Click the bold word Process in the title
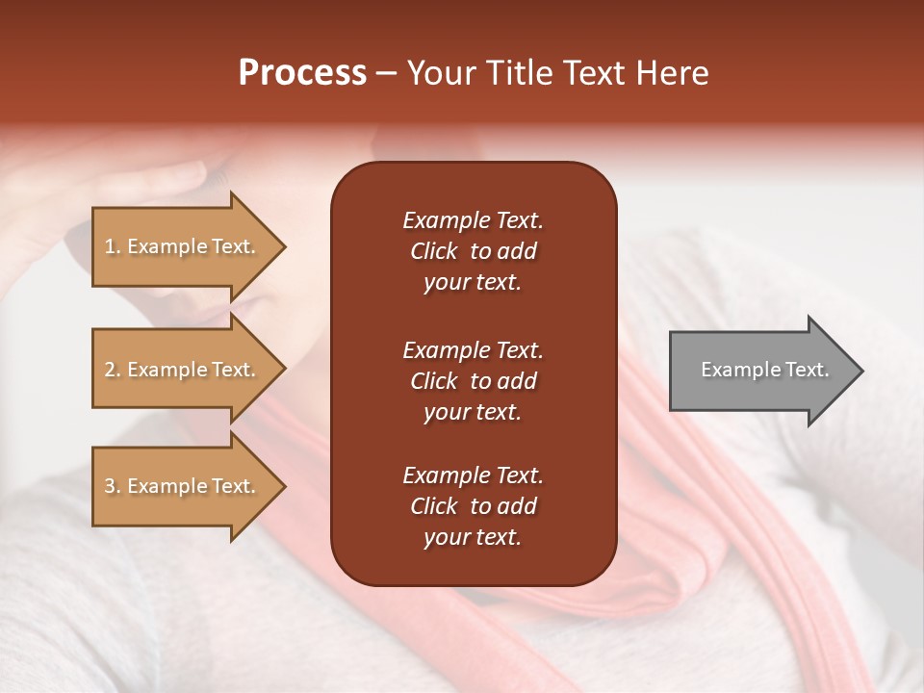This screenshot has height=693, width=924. [302, 73]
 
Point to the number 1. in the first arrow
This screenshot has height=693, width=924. [112, 246]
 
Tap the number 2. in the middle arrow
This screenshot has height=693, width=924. [112, 370]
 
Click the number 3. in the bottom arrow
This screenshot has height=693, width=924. [112, 486]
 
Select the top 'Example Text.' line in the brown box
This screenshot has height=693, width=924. [473, 220]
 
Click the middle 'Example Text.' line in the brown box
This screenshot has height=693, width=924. [473, 349]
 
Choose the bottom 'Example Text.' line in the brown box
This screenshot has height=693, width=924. [473, 475]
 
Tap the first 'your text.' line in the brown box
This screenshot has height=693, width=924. [472, 283]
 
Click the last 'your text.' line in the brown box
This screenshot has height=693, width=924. [472, 538]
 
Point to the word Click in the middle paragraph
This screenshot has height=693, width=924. [433, 381]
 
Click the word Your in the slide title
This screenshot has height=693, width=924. [438, 73]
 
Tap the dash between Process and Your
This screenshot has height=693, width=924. [387, 74]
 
